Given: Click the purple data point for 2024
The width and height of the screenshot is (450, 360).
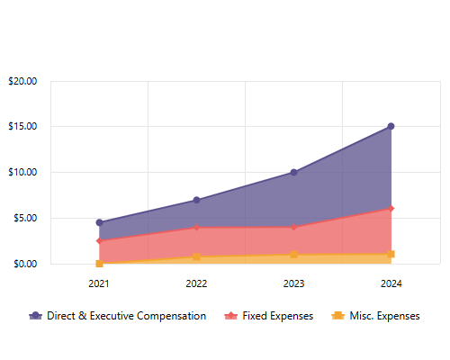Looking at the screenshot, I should (x=391, y=126).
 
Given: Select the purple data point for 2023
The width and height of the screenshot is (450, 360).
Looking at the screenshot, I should (x=293, y=172).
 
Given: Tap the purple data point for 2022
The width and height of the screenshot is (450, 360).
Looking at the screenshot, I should (x=196, y=200).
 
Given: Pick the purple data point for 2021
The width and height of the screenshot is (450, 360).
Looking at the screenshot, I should (x=99, y=222).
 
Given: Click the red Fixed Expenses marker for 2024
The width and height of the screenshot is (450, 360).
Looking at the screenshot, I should (x=391, y=209).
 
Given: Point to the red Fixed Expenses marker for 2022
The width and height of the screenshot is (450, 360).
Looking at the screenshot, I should (x=196, y=228).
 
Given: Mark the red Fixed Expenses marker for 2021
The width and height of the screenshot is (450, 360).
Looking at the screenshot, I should (x=99, y=241).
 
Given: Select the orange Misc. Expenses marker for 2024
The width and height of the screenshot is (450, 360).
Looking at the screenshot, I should (x=391, y=255).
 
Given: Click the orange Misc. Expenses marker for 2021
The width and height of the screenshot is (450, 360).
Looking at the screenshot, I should (x=99, y=264).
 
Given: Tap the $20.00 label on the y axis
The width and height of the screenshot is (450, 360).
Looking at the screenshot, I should (x=22, y=81).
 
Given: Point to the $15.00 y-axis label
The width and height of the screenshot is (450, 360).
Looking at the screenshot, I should (x=22, y=126).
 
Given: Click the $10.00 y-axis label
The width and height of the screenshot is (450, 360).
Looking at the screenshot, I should (x=22, y=172).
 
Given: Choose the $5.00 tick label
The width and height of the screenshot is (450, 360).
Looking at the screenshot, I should (x=25, y=218).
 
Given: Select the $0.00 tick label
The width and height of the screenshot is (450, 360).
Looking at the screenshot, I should (x=25, y=264).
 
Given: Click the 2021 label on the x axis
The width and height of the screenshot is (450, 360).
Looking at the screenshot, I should (x=99, y=283).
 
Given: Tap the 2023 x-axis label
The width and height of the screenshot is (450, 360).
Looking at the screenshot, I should (x=293, y=283).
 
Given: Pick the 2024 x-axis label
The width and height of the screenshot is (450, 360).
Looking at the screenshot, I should (x=391, y=283).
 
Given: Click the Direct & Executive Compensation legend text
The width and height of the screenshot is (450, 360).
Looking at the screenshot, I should (x=127, y=316).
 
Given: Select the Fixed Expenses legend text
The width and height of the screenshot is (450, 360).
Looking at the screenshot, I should (x=278, y=316).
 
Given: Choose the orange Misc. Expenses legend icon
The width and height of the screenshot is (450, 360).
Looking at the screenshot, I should (x=338, y=316).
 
